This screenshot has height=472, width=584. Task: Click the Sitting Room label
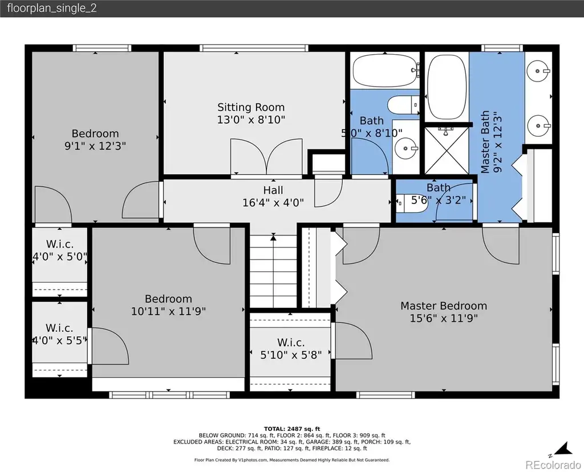[251, 107]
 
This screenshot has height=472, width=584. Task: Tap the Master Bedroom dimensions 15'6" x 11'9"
[444, 318]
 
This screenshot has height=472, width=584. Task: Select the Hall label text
[273, 190]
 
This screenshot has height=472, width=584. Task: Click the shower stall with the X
[447, 150]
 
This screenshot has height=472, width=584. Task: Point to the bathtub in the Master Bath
[447, 87]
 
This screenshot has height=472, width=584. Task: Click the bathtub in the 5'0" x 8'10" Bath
[385, 70]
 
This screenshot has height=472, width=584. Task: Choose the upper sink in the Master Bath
[538, 71]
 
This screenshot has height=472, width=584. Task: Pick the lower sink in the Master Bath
[538, 126]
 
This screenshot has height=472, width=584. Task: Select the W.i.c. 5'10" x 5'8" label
[291, 349]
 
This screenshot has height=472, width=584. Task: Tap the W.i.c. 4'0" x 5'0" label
[59, 250]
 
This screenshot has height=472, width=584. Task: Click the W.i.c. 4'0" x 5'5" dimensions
[59, 340]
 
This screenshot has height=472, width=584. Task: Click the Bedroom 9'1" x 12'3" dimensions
[95, 146]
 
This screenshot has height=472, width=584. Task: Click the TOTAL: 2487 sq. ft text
[292, 429]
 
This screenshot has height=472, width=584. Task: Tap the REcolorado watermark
[553, 465]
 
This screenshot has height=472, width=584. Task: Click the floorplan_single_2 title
[52, 8]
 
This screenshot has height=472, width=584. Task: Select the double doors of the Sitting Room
[266, 156]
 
